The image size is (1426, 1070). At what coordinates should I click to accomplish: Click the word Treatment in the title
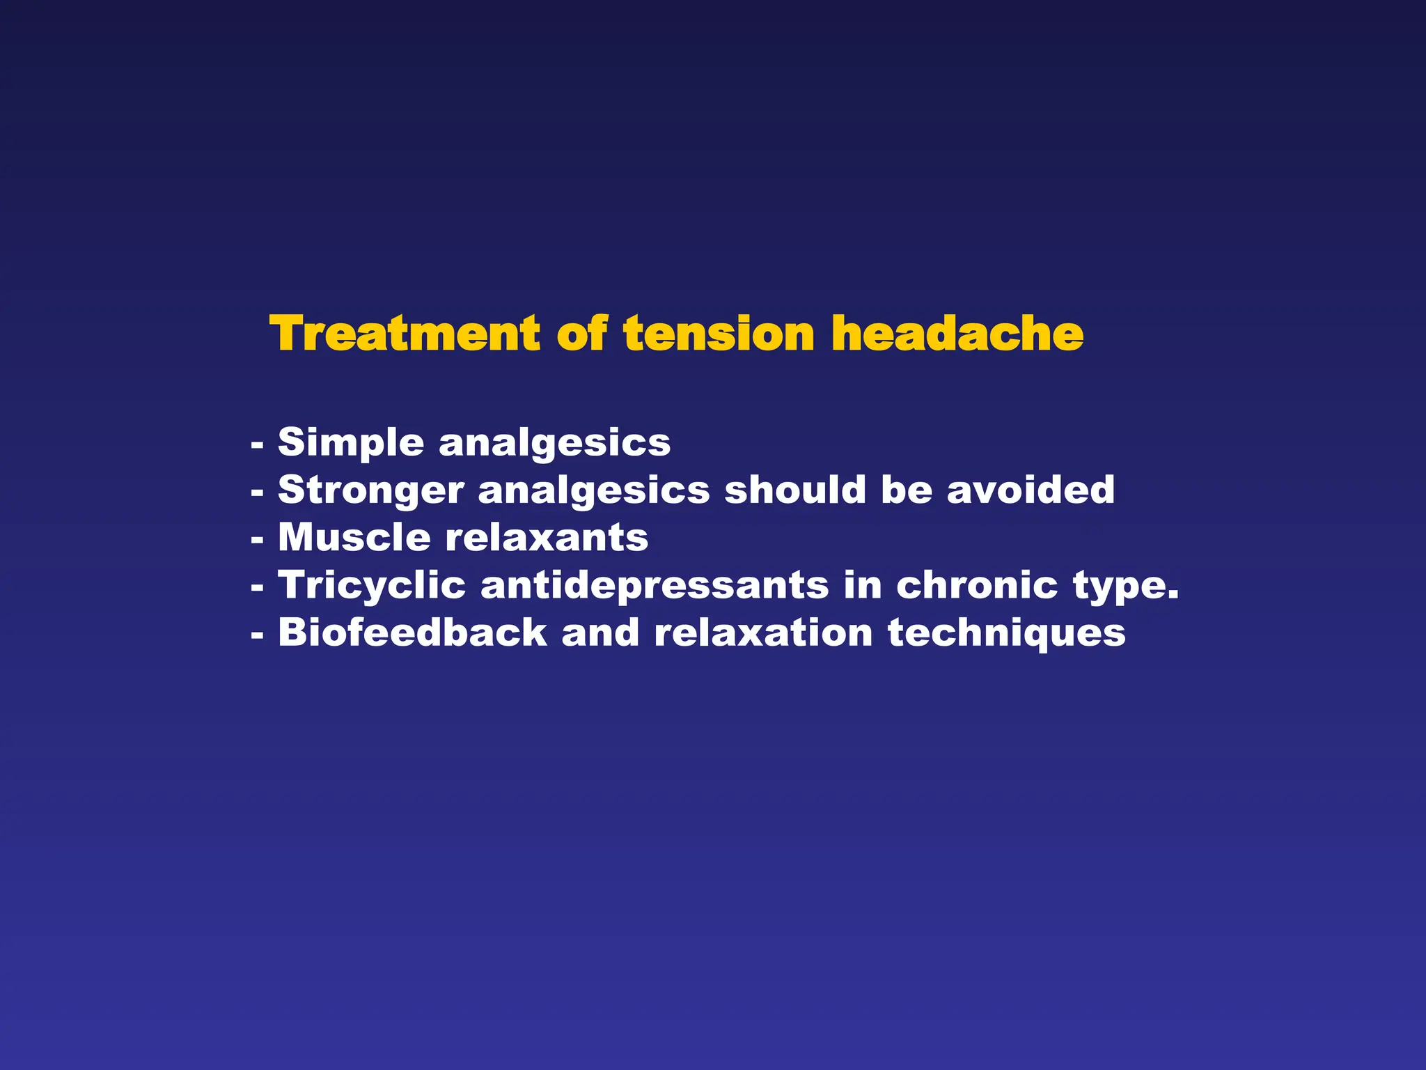[405, 334]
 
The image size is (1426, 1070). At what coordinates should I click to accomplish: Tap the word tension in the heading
[719, 334]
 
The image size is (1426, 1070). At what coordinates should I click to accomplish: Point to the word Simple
[351, 443]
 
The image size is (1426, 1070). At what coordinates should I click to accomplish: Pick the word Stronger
[371, 490]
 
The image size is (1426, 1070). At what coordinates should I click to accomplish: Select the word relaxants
[547, 538]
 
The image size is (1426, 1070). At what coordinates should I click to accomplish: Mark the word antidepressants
[655, 585]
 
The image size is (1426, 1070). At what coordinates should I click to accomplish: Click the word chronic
[977, 584]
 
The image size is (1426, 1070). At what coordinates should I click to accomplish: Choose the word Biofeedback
[413, 633]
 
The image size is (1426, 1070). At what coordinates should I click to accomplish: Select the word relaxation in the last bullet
[763, 633]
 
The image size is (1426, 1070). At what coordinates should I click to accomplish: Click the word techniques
[1006, 633]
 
